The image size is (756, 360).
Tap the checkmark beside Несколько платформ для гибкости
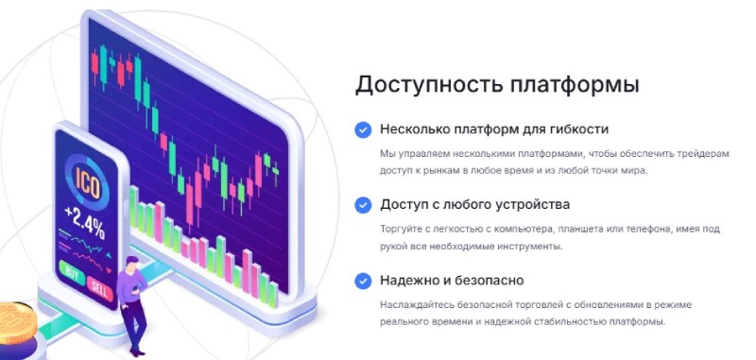[x=362, y=129]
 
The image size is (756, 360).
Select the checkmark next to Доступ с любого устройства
[x=362, y=204]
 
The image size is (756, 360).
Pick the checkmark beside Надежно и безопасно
[x=362, y=281]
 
